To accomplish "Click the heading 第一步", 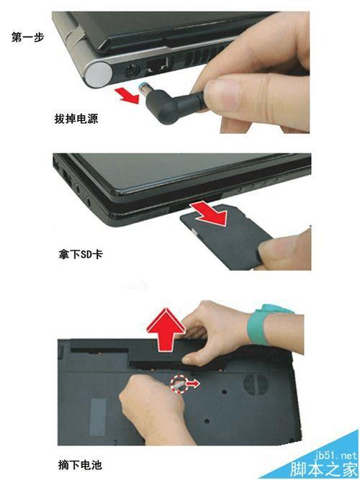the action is [27, 37].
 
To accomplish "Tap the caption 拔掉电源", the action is [76, 119].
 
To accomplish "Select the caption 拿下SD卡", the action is [81, 254].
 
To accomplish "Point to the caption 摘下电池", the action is [80, 465].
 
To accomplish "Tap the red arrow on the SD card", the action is [210, 212].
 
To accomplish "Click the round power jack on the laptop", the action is [132, 71].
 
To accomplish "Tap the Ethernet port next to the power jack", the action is [157, 66].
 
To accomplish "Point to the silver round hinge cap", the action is [99, 73].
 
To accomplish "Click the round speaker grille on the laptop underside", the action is [255, 384].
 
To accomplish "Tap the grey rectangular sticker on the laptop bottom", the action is [98, 417].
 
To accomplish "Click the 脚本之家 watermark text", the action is [324, 468].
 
